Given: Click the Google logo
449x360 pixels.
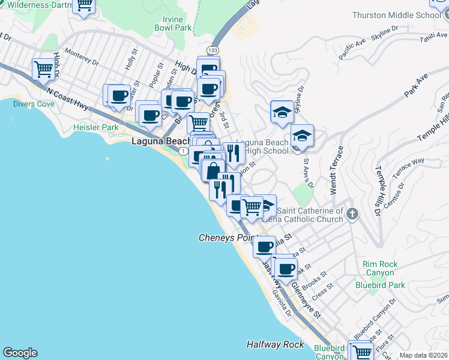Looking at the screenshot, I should point(20,353).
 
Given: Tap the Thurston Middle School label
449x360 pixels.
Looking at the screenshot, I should point(406,15).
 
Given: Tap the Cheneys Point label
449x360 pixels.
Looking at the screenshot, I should point(228,238).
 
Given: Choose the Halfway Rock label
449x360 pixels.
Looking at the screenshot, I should point(274,344).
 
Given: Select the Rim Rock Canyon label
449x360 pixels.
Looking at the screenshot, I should point(379,268).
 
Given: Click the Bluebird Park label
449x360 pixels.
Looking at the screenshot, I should point(379,285).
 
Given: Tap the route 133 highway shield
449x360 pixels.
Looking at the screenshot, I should point(213,50).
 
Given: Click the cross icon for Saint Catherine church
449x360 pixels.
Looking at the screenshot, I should point(352,214).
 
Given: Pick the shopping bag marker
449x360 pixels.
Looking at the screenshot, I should point(213,170).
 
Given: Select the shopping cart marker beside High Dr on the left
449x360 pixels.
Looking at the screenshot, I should point(43,70).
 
